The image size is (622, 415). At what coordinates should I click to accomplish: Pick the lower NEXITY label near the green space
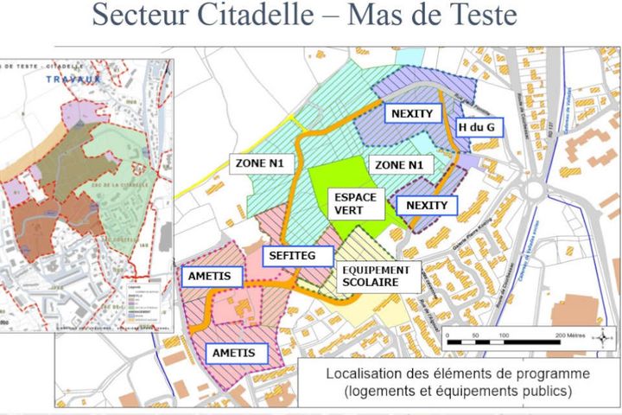point(427,205)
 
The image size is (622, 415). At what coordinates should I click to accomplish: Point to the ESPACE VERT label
point(355,203)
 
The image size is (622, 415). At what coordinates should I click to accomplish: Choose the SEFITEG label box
point(292,255)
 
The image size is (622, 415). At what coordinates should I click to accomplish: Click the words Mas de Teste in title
point(432,16)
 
